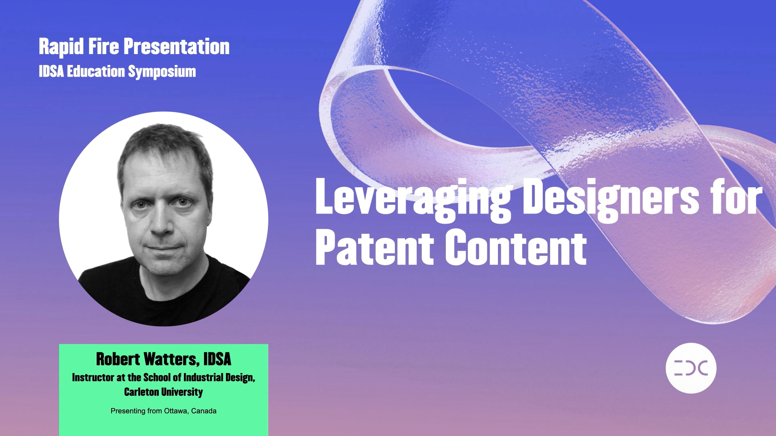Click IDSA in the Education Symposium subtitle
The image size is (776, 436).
[51, 71]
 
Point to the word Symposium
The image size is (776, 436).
[162, 72]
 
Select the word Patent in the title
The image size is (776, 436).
[374, 247]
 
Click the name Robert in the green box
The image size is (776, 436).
[118, 359]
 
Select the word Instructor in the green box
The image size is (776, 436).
[93, 377]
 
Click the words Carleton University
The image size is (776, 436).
[163, 392]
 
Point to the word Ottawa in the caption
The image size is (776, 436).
[175, 411]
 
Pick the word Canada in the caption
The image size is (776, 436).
[204, 411]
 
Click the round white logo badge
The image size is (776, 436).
[691, 368]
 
